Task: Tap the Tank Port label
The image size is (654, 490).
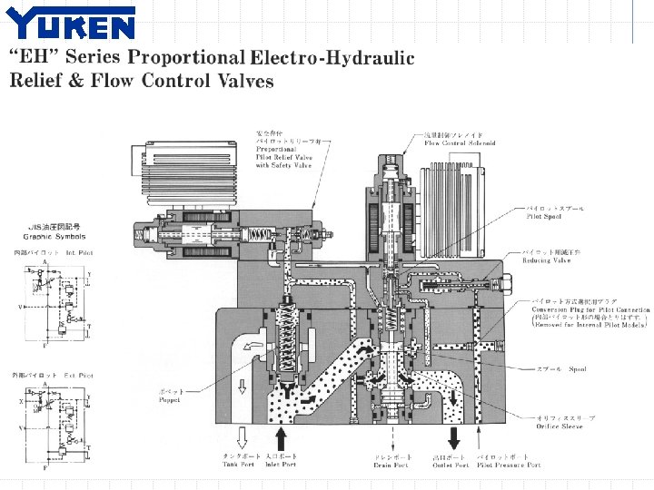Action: point(239,465)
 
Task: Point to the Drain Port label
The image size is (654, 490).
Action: point(391,465)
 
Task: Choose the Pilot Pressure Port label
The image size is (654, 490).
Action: point(509,465)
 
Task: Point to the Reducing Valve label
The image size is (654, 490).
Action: point(547,260)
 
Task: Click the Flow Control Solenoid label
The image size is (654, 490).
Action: point(460,143)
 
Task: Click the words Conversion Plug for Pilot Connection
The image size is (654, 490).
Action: point(590,309)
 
